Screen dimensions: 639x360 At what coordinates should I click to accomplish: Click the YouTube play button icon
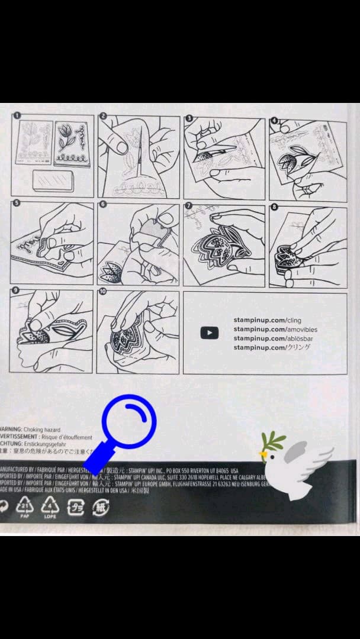click(210, 333)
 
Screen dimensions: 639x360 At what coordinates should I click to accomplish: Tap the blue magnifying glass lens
click(129, 421)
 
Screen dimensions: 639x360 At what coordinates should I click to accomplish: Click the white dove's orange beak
click(261, 454)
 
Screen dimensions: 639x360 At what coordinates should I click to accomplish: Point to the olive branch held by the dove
click(272, 440)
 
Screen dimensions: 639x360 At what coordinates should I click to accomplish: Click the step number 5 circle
click(18, 204)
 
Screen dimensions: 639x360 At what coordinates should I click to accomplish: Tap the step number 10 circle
click(103, 291)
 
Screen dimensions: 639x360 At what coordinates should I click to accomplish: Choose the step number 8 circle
click(274, 206)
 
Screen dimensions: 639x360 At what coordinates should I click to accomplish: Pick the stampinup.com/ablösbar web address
click(268, 338)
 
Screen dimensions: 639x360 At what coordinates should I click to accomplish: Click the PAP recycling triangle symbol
click(25, 506)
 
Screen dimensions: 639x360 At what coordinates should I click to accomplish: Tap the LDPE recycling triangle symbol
click(50, 506)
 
